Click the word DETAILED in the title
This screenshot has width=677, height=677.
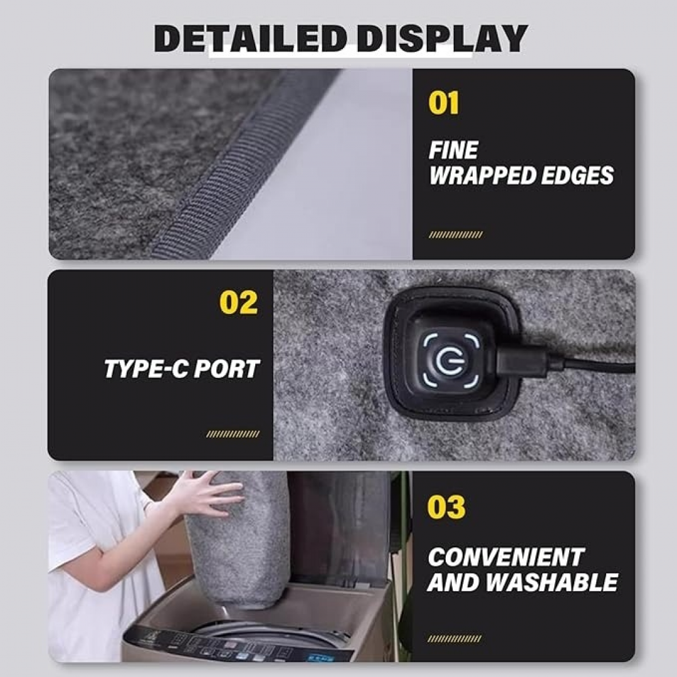(x=251, y=38)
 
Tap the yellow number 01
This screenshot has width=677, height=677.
(x=443, y=103)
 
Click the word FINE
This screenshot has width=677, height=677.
(x=453, y=150)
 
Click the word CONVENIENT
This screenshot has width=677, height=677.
(x=506, y=557)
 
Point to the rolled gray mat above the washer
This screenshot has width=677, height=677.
(x=238, y=540)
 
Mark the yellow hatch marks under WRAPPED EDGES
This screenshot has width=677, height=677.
(x=456, y=235)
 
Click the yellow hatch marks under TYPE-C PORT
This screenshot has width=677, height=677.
(x=233, y=434)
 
